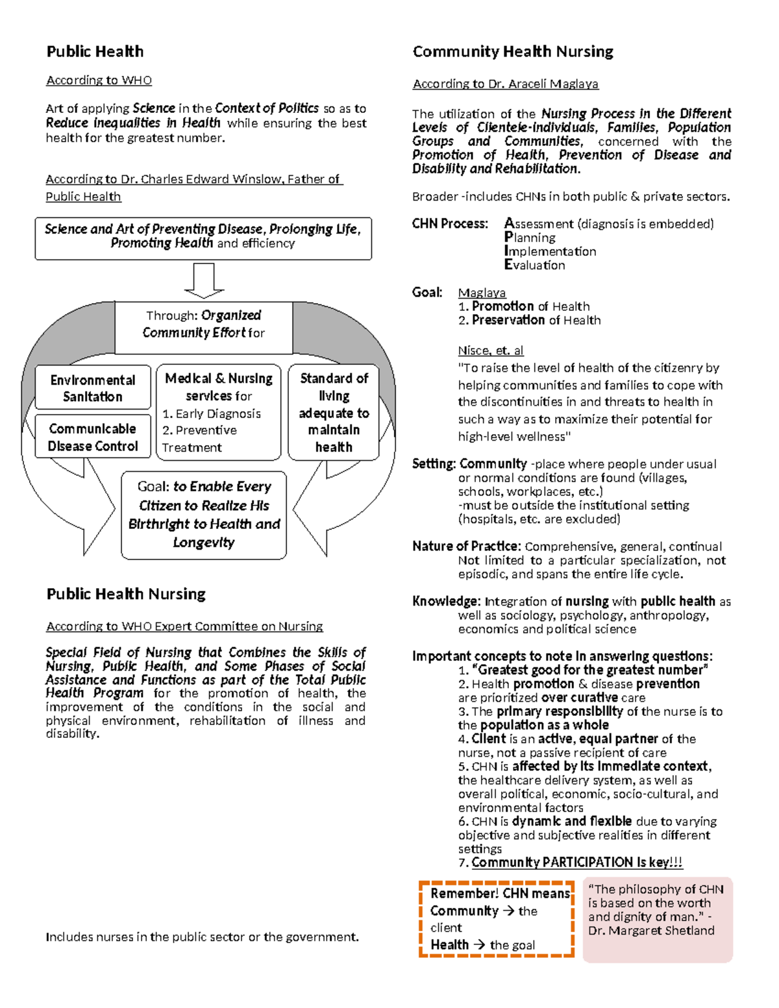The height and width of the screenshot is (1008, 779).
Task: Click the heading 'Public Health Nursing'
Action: (x=126, y=594)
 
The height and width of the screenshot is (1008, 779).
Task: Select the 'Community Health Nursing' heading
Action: (x=513, y=52)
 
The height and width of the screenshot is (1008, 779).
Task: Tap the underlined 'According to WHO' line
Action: (x=99, y=80)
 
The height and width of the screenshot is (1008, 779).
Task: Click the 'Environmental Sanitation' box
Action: (x=93, y=388)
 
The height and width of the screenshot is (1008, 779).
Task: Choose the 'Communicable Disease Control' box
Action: (x=93, y=437)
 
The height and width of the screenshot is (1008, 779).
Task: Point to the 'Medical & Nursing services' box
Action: (x=219, y=412)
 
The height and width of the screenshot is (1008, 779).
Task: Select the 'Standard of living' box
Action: (x=334, y=412)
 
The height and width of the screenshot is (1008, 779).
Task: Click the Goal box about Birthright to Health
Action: (x=204, y=515)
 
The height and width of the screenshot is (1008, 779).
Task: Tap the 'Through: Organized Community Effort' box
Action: (x=204, y=324)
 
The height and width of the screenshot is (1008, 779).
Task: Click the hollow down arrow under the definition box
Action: (x=204, y=280)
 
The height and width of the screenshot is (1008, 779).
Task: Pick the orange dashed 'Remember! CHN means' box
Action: (x=497, y=918)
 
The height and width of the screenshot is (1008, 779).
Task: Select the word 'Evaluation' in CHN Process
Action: (x=535, y=265)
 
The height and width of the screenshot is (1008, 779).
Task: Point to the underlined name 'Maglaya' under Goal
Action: (x=482, y=293)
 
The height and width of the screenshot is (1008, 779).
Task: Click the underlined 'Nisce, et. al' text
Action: (x=490, y=350)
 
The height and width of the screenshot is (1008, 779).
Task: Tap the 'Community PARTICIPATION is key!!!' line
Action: (x=576, y=863)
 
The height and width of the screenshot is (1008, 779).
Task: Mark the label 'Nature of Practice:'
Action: (x=466, y=547)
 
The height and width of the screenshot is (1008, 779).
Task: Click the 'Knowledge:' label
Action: (x=446, y=602)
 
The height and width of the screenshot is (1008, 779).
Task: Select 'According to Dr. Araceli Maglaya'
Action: (x=506, y=84)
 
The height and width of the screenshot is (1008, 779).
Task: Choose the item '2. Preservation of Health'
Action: (x=529, y=320)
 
